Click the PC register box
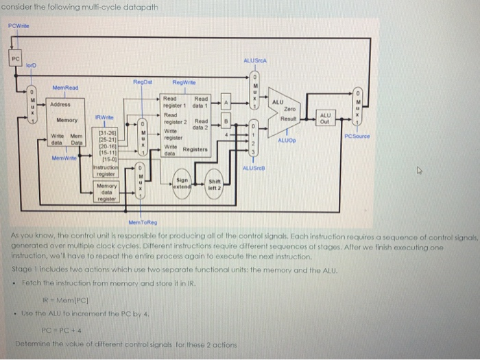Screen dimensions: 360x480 [14, 60]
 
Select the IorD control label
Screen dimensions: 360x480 [29, 66]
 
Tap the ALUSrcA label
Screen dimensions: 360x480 [254, 61]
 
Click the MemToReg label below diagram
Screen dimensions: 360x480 [142, 222]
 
